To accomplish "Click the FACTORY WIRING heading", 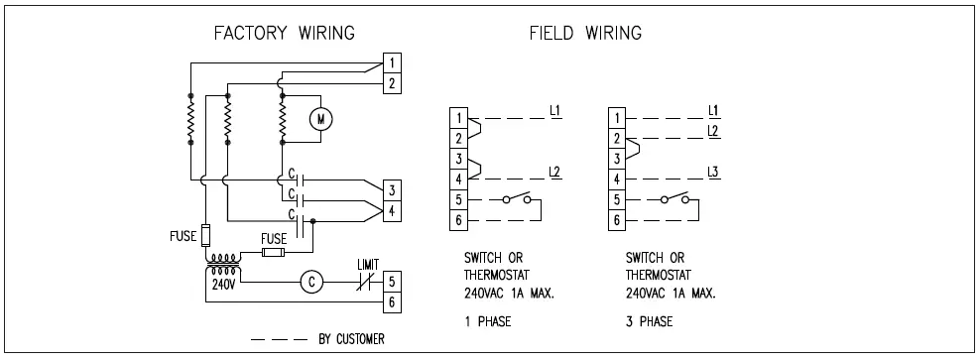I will click(285, 34).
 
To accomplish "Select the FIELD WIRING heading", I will click(584, 34).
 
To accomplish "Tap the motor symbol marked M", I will click(319, 119).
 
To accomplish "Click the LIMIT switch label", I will click(369, 264).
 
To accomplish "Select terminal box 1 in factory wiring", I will click(394, 62).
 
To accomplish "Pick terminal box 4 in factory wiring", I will click(394, 210).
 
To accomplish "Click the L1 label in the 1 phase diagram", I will click(555, 108).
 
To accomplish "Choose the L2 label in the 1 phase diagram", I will click(555, 171).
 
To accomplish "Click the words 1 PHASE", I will click(487, 321).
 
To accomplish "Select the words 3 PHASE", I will click(650, 321).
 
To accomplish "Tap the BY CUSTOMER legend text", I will click(351, 339).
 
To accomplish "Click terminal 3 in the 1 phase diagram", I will click(458, 159).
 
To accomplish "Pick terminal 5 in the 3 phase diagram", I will click(617, 199).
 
